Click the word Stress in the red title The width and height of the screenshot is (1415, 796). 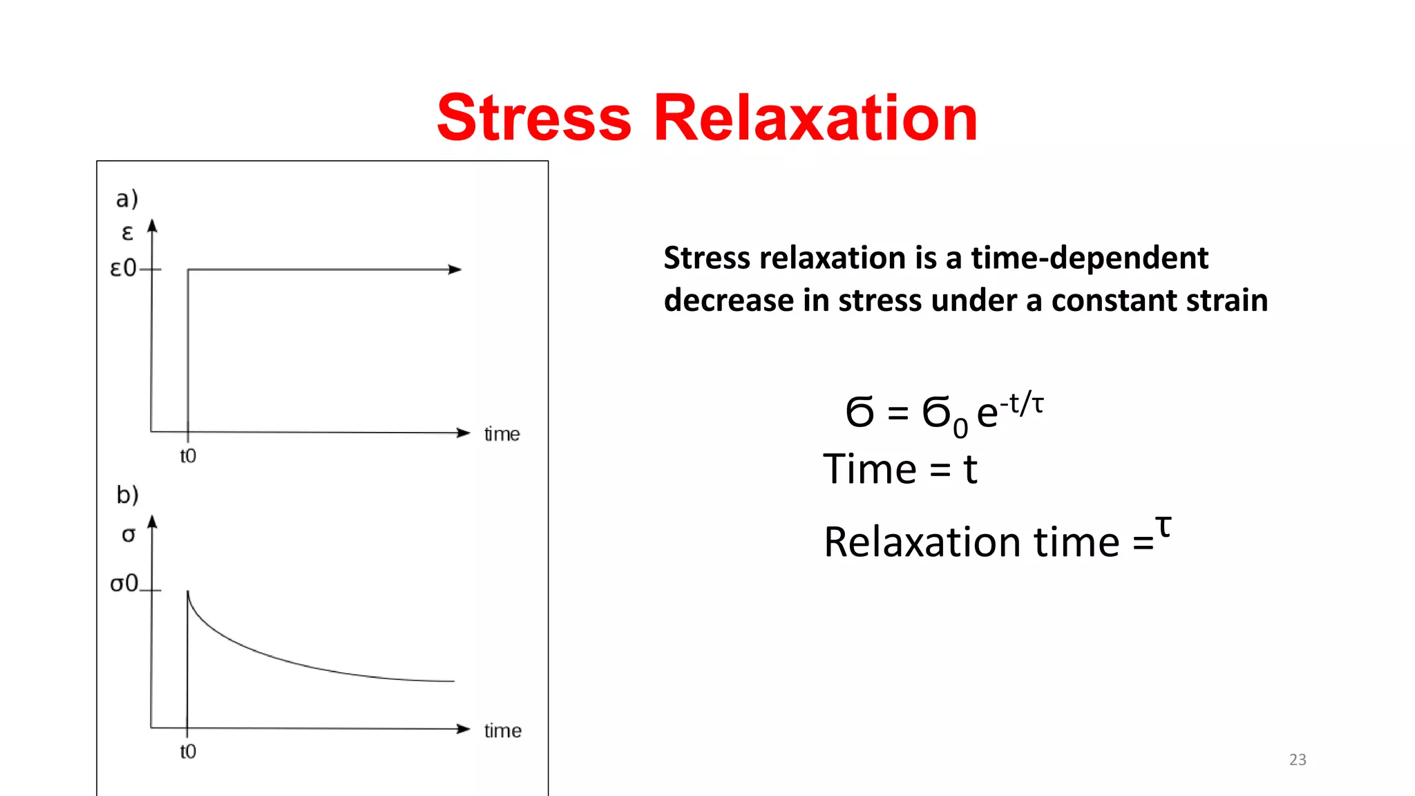tap(533, 118)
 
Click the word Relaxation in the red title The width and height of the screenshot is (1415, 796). tap(815, 118)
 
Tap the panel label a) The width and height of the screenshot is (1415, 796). tap(127, 199)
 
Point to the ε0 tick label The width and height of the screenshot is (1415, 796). tap(123, 268)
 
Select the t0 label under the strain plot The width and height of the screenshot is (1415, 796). tap(188, 456)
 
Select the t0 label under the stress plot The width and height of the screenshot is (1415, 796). tap(188, 752)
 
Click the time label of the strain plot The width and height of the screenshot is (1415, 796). tap(502, 435)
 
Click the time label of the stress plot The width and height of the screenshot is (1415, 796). tap(502, 731)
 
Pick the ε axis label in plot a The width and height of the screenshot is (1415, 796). tap(127, 233)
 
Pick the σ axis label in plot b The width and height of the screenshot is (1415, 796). tap(129, 535)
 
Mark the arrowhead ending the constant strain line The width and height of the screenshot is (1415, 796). tap(455, 269)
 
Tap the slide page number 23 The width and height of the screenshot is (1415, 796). tap(1298, 760)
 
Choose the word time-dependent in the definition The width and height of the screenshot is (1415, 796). tap(1090, 258)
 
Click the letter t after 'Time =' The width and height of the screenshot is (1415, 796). tap(970, 470)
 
